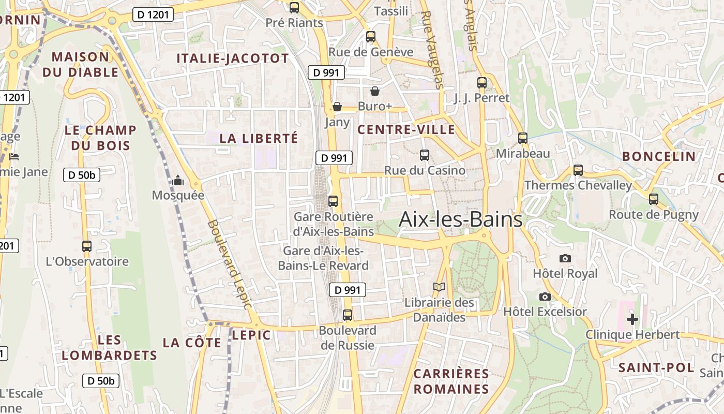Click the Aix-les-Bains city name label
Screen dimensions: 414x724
click(460, 220)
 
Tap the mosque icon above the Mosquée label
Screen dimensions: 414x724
click(178, 180)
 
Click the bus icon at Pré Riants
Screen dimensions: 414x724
click(294, 7)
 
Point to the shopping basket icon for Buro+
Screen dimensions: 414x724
click(375, 92)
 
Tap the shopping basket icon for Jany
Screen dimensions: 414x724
click(337, 107)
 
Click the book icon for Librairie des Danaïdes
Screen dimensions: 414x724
click(439, 287)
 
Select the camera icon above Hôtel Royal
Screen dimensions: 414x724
click(565, 258)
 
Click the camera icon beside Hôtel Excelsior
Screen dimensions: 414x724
click(545, 297)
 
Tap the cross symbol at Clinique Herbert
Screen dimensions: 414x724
click(632, 319)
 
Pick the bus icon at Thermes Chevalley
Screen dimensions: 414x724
click(578, 170)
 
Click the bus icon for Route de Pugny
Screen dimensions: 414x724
click(654, 199)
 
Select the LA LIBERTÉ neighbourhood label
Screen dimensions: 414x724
click(259, 138)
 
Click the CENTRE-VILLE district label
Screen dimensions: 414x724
click(406, 129)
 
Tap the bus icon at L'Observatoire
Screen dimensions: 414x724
click(87, 246)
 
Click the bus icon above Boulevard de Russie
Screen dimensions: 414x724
click(348, 315)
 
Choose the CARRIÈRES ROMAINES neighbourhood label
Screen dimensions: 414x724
click(451, 381)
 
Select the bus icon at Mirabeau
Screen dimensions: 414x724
click(523, 138)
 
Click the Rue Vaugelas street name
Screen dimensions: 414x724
click(432, 50)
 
